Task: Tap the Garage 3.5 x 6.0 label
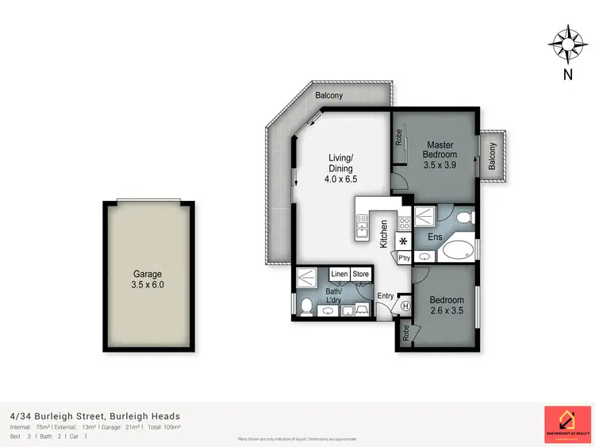coord(147,279)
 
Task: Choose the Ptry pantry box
coord(404,257)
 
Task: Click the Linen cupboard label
coord(340,275)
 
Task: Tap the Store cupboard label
coord(361,275)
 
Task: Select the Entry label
coord(386,296)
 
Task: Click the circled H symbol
coord(405,305)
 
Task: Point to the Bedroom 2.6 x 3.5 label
coord(447,305)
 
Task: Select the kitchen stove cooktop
coord(403,223)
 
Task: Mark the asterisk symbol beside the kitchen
coord(403,241)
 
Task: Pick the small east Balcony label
coord(492,156)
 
